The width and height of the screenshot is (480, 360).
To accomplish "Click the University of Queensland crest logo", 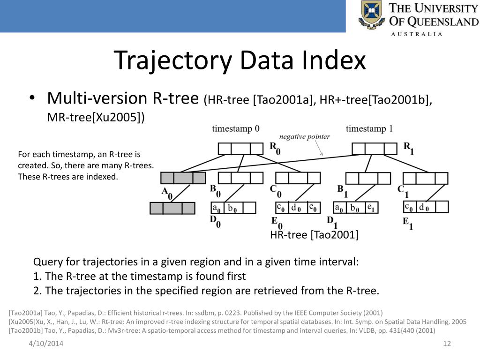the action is [371, 15].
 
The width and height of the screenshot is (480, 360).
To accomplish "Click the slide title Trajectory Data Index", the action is [240, 60].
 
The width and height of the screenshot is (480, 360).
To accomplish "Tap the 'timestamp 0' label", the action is [235, 128].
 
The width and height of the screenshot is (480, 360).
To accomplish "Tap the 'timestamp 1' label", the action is [369, 128].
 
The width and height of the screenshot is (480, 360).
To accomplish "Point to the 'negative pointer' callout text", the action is [305, 137].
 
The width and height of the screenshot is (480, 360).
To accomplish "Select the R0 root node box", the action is [241, 149].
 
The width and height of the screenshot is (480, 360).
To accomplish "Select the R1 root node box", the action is [375, 149].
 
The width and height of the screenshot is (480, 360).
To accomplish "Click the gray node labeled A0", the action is [183, 178].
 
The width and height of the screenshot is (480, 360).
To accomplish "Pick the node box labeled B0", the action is [241, 178].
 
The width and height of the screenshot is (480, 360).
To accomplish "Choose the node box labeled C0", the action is [298, 178].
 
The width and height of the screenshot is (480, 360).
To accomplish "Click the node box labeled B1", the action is [368, 179].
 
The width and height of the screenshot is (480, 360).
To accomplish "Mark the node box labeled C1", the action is [426, 179].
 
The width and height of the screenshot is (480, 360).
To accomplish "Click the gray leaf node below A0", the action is [172, 208].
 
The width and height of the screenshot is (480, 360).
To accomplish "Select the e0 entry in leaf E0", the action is [313, 208].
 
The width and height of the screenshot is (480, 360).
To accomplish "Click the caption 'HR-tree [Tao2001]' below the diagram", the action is [314, 235].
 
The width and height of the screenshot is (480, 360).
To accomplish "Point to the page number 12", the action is [446, 345].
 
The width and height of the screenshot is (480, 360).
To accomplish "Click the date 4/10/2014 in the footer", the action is [45, 345].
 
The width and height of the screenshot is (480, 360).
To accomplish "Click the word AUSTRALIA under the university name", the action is [417, 34].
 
